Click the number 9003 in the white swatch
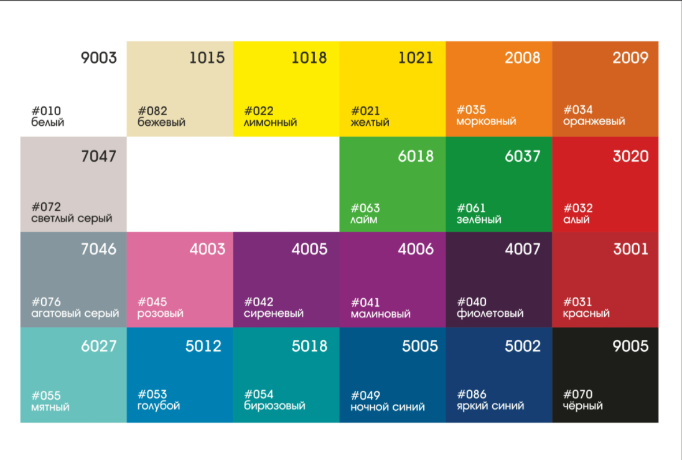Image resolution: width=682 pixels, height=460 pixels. pos(98,58)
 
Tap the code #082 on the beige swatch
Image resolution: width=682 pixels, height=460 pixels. pos(152,111)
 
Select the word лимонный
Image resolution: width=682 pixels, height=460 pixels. pos(270,123)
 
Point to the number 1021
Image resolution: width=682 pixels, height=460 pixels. pos(416,58)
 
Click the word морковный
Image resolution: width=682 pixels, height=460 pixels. pos(486,121)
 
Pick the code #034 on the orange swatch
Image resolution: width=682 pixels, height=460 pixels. pos(578,110)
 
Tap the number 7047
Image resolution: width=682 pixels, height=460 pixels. pos(98,156)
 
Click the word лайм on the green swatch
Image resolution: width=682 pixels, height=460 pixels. pos(364,220)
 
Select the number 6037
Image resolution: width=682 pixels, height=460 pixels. pos(523,156)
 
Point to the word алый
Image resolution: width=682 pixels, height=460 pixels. pos(576,220)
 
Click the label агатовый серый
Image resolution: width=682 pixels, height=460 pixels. pos(75,314)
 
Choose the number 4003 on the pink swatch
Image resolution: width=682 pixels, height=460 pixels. pos(207,249)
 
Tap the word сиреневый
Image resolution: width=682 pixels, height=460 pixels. pos(274,314)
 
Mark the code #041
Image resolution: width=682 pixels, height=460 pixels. pos(365,303)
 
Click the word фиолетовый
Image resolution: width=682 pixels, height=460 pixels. pos(490,314)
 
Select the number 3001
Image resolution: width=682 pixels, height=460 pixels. pos(630,249)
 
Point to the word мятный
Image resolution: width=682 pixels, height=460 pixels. pos(50,408)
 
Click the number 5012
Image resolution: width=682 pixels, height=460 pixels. pos(203,346)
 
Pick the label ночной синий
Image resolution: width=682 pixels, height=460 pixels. pos(388,407)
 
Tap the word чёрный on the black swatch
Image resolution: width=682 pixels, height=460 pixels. pos(583,406)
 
